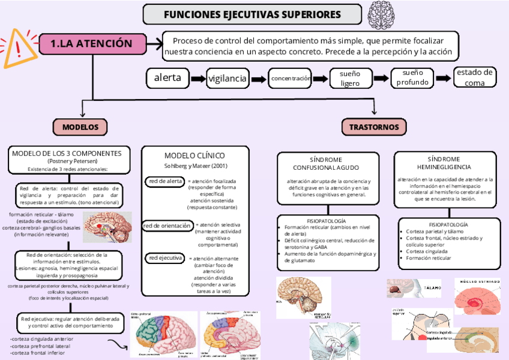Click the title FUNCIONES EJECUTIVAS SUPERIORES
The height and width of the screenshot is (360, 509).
pos(252,14)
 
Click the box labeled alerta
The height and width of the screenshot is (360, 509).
pos(167,78)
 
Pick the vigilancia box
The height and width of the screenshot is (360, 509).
pos(227,79)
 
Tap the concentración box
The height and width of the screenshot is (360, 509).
pos(291,79)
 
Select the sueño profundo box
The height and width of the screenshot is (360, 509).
pos(412,78)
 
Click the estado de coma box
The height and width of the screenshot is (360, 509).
pos(475,77)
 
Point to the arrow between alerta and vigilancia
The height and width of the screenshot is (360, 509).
pos(197,79)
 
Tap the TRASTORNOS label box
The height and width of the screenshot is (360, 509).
pos(374,127)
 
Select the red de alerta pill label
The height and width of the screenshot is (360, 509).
pos(166,181)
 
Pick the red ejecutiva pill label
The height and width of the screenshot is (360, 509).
pos(165,258)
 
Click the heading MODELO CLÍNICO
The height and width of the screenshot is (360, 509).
pos(194,155)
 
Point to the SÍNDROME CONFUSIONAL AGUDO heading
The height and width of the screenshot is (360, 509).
pos(326,163)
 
